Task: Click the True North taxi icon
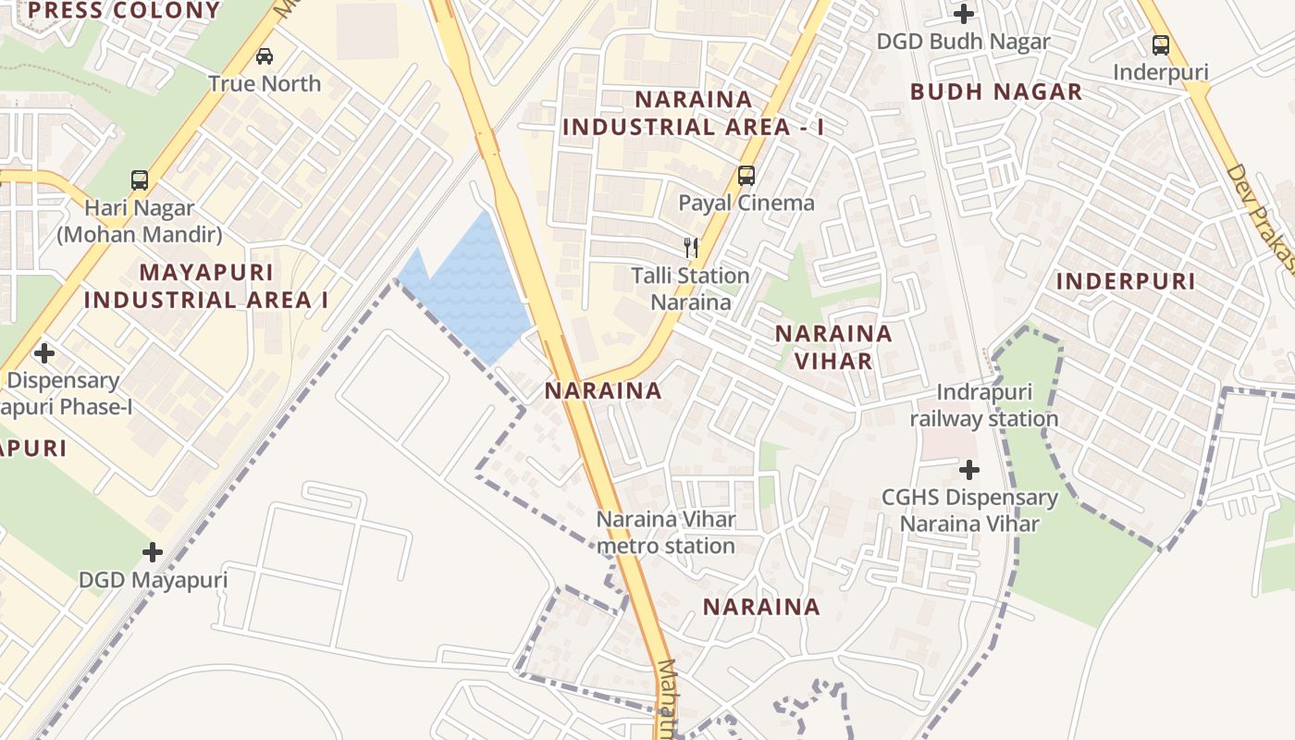coord(265,55)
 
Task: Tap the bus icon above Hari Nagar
coord(140,179)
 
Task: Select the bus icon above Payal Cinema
coord(746,175)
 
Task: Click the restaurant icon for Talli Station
coord(691,247)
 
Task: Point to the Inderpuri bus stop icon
coord(1160,44)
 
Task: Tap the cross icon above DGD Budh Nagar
coord(964,14)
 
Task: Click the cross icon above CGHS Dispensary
coord(968,470)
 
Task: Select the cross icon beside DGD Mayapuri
coord(153,552)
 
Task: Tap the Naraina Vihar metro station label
coord(666,533)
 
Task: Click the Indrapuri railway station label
coord(984,406)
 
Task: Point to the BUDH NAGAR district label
coord(995,92)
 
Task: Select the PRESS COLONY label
coord(124,11)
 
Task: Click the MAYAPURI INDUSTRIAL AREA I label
coord(206,286)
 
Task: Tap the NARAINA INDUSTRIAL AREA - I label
coord(693,113)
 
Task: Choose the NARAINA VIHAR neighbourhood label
coord(833,347)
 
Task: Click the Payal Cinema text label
coord(746,203)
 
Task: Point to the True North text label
coord(265,83)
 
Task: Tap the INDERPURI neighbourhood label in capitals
coord(1126,281)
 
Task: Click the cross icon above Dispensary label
coord(43,352)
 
